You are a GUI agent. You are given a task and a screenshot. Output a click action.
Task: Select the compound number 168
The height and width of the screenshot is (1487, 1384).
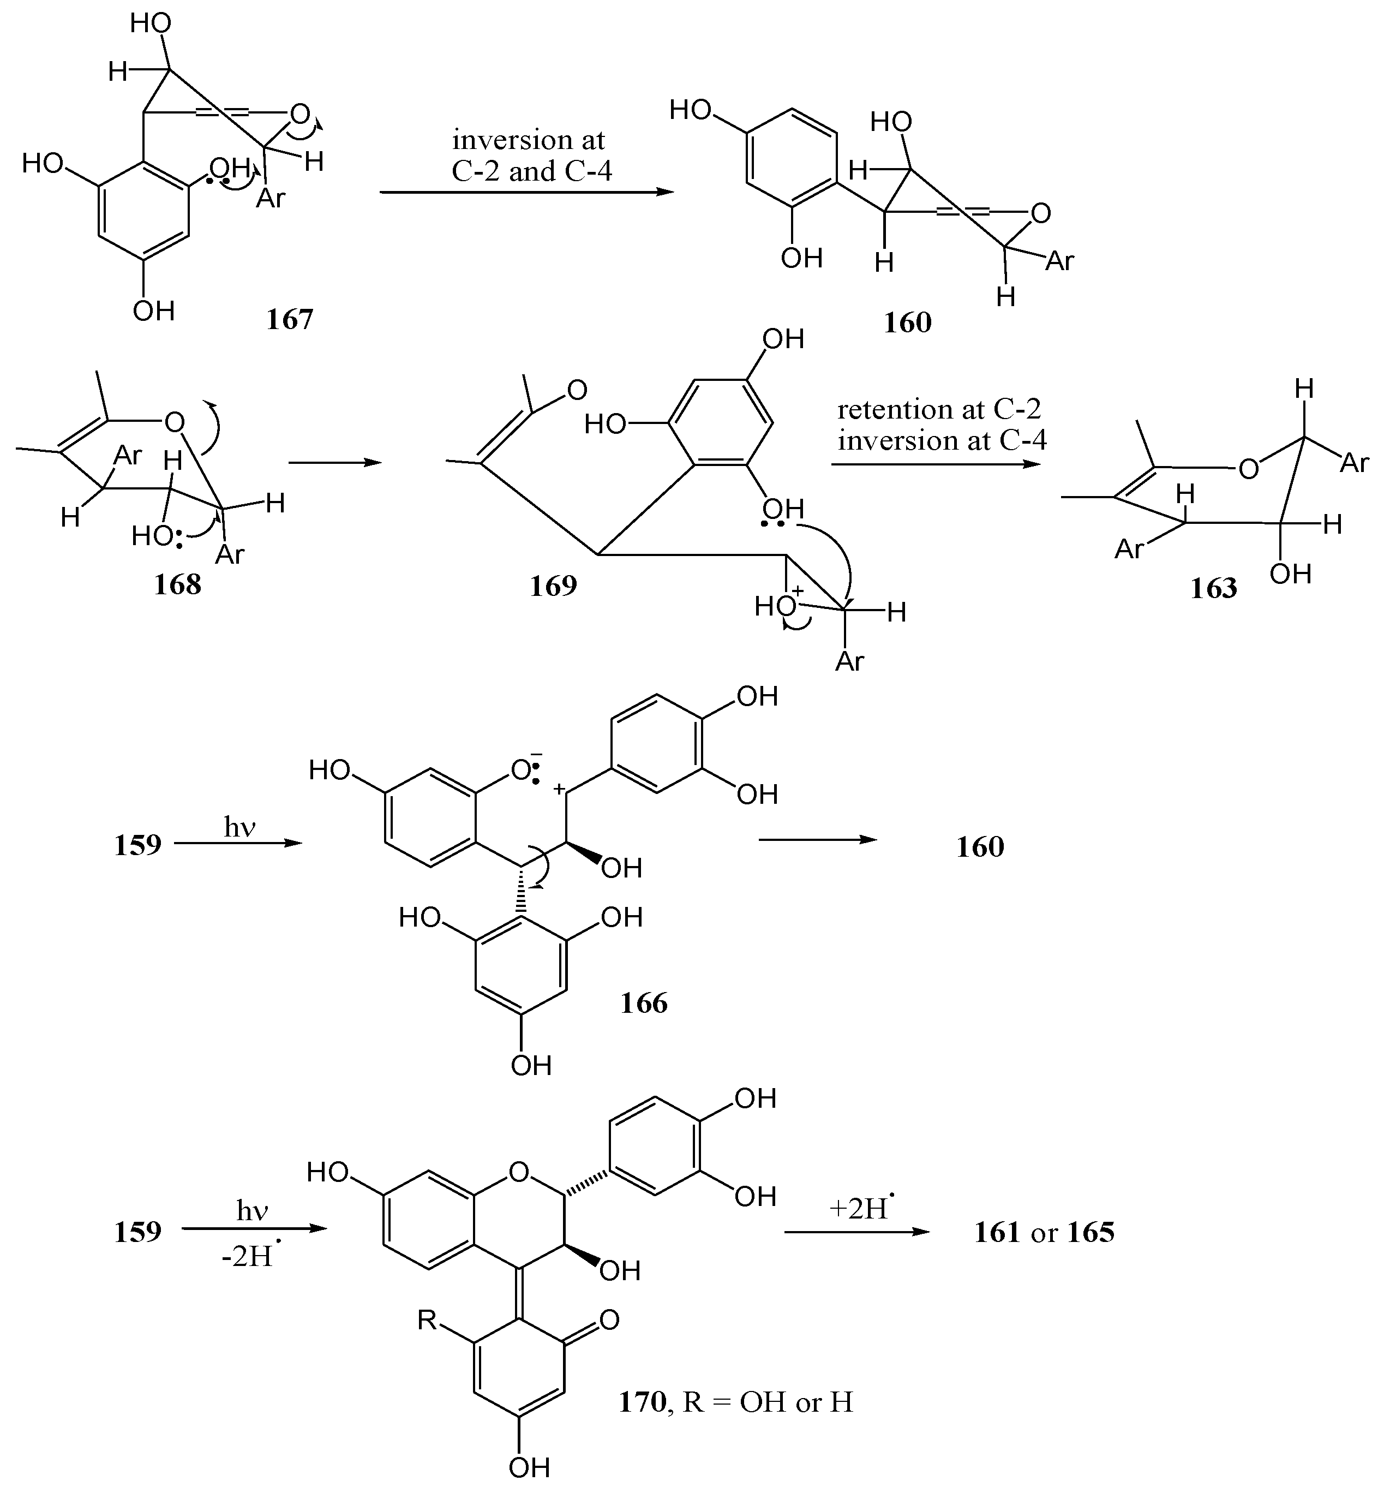[x=178, y=584]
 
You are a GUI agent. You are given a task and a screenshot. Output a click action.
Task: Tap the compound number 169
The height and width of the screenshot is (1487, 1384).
[x=553, y=586]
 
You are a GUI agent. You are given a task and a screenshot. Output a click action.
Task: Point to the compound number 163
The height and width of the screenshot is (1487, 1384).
[x=1214, y=589]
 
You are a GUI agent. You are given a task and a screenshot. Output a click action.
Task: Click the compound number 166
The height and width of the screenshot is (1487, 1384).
[x=644, y=1003]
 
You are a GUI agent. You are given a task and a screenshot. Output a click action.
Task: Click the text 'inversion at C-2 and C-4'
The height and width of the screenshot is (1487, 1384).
[x=530, y=156]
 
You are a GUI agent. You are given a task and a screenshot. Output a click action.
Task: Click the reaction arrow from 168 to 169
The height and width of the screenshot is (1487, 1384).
[x=334, y=463]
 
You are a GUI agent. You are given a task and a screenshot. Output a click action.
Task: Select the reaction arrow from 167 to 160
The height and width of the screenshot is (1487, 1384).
[x=526, y=192]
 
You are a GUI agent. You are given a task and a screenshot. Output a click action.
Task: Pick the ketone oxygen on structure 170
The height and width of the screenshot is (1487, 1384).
[x=609, y=1319]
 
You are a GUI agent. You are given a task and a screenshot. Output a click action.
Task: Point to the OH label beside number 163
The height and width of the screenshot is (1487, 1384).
[x=1291, y=574]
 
